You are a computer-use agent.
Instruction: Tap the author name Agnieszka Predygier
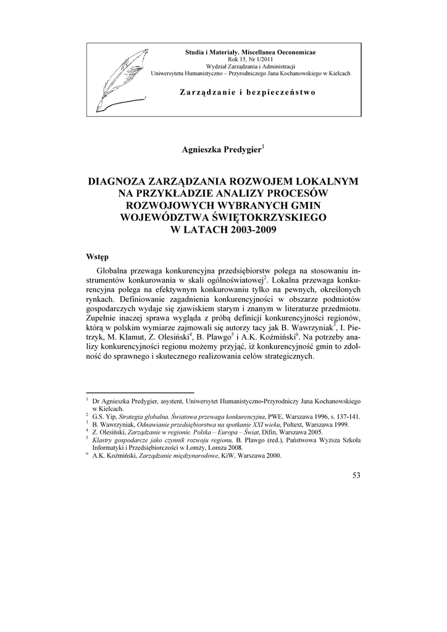pos(221,149)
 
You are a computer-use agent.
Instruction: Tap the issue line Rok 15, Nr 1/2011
pos(250,59)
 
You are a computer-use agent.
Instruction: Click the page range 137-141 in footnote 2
pos(346,417)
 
